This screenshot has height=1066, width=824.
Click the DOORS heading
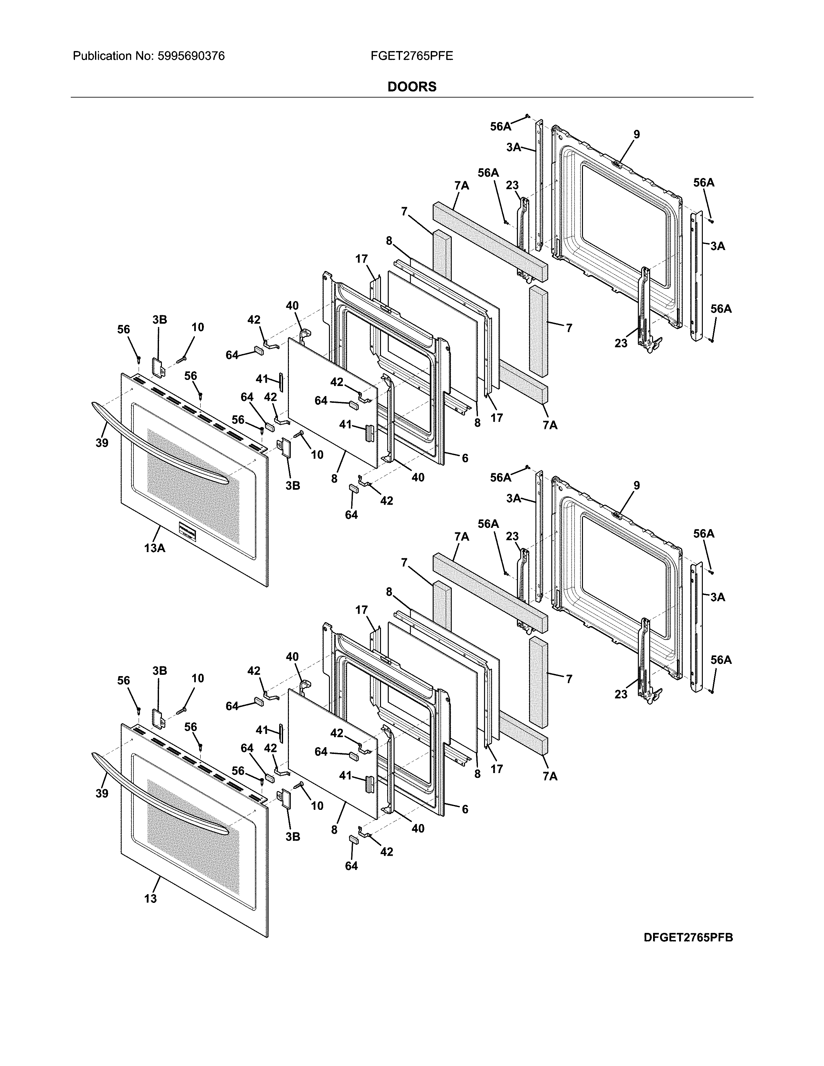411,87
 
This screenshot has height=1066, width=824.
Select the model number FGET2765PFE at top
411,56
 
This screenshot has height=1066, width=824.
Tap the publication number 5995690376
191,56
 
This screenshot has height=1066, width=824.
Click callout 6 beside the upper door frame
465,458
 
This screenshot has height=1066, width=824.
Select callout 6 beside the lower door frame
465,809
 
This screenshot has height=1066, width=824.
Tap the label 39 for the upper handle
101,443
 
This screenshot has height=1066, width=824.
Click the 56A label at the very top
500,126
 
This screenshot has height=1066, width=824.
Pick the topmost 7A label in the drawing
461,185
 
